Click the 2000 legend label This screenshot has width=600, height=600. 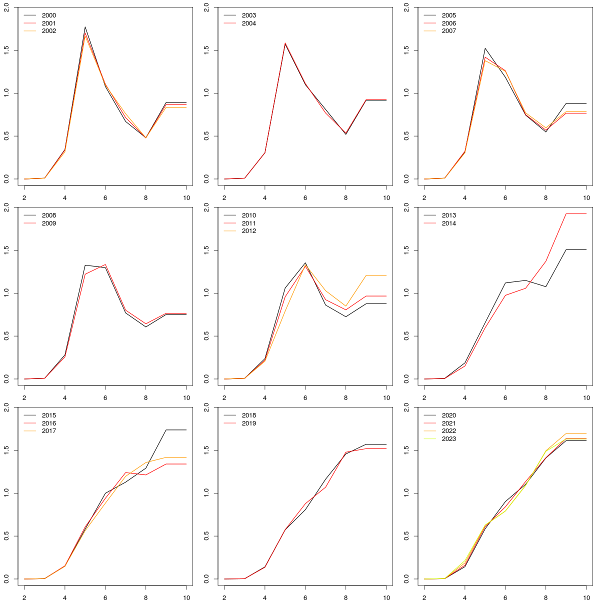pos(49,15)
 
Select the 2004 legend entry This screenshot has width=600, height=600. pos(249,23)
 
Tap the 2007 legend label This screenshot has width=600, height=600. pos(449,31)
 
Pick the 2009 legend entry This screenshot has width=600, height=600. pos(49,223)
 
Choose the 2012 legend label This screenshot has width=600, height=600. pos(249,231)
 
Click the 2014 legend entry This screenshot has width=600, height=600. pos(449,223)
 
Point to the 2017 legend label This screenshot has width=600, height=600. pos(49,431)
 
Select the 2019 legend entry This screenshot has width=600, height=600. pos(249,423)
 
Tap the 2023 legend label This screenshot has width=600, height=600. pos(449,439)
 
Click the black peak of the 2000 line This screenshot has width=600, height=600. pos(85,27)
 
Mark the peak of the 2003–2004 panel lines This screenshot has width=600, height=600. pos(285,43)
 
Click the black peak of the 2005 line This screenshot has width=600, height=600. pos(485,48)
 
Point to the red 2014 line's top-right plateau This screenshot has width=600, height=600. pos(575,214)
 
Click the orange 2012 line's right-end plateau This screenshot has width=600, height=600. pos(375,275)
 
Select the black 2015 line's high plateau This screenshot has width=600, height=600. pos(175,430)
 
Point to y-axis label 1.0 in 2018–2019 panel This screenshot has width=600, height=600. pos(206,493)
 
